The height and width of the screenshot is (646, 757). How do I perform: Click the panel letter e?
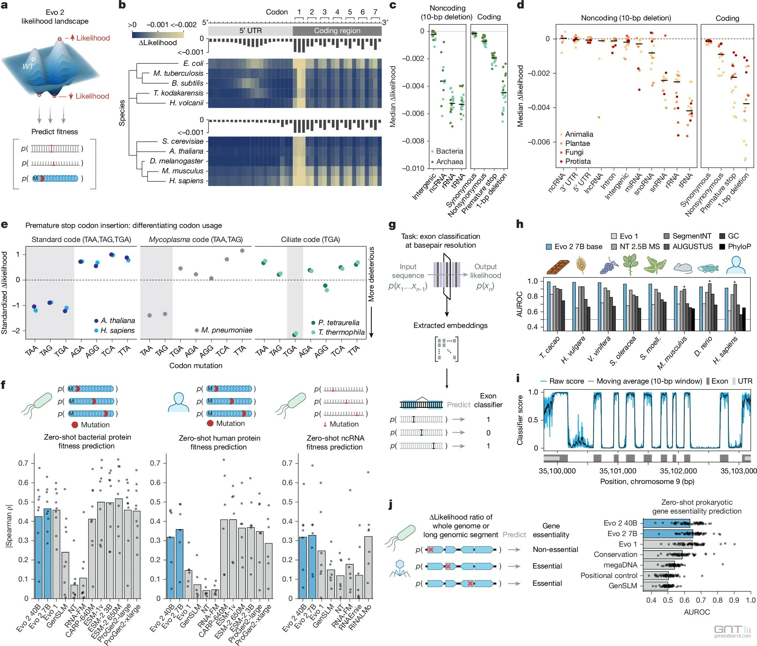4,224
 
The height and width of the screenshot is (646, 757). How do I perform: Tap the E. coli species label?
193,63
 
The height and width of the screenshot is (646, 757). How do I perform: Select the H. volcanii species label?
186,103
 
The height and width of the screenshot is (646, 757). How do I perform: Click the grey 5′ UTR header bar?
250,31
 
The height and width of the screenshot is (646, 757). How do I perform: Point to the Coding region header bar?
337,31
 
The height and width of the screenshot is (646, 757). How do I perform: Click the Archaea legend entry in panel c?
446,161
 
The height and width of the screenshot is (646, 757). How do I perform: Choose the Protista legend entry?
577,161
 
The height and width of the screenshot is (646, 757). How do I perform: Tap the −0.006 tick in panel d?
538,142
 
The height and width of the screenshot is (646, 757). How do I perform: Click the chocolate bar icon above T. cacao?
558,267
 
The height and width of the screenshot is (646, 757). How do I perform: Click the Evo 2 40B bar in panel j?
666,523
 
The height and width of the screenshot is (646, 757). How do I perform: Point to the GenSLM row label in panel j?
622,586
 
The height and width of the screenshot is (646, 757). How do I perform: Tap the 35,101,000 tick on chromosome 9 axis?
618,471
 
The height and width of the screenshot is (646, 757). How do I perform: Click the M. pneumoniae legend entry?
223,330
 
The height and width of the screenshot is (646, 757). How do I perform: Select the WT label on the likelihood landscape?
28,66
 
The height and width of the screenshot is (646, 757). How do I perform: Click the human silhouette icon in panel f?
178,402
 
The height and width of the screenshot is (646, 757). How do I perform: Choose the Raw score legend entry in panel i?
562,381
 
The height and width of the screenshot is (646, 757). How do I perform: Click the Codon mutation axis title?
196,365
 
